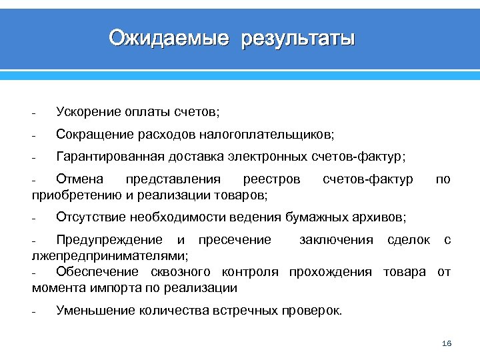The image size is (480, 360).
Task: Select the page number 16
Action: coord(447,343)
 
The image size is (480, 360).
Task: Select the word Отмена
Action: coord(80,179)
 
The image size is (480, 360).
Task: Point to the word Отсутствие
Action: coord(91,217)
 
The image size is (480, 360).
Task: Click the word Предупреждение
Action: coord(109,240)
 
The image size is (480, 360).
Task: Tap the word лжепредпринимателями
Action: coord(109,255)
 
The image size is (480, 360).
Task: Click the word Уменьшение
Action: coord(94,310)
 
